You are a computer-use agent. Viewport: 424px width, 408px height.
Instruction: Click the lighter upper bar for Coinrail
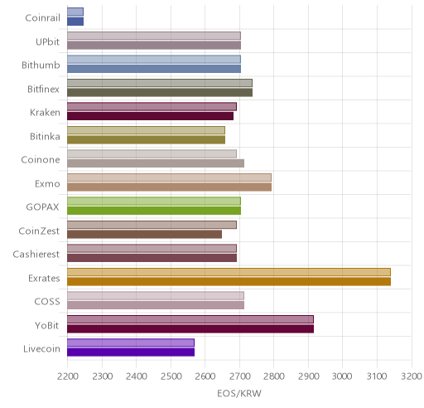75,12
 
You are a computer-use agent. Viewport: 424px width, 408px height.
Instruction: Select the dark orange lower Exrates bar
229,282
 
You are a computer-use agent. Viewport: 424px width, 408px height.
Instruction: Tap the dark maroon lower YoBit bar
190,329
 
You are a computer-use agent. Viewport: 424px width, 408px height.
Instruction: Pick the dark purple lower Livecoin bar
131,352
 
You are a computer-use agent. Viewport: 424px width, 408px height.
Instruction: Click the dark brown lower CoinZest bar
144,235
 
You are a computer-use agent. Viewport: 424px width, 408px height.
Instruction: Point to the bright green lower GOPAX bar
154,211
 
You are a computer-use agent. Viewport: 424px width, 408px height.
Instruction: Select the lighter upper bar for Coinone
152,153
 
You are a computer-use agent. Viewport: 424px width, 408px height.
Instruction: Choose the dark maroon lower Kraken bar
150,116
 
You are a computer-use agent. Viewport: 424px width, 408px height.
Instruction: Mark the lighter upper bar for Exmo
169,177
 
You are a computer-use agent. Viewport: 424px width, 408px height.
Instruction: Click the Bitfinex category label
43,89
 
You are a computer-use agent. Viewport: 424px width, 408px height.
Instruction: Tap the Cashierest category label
36,254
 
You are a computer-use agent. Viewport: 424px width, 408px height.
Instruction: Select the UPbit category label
47,41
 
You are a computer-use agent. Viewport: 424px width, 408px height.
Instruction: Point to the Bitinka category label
45,136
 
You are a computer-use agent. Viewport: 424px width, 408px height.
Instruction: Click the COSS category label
47,301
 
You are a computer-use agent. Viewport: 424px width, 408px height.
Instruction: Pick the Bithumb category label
41,66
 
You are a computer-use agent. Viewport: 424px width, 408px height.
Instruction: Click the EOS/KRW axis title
239,393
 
